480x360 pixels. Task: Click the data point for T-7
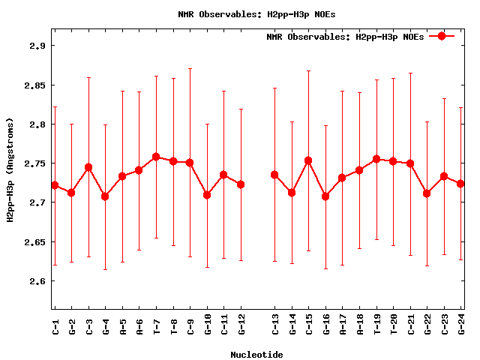click(x=156, y=157)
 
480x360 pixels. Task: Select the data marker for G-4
click(x=105, y=196)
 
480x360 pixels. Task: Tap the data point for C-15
click(x=308, y=160)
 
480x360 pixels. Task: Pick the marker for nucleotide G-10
click(x=207, y=195)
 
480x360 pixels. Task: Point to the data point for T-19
click(x=376, y=159)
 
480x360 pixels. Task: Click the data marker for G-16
click(x=325, y=196)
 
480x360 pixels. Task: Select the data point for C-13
click(x=274, y=175)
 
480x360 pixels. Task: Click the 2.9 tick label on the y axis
click(x=34, y=46)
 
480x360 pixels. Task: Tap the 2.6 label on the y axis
click(x=34, y=281)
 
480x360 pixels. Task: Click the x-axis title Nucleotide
click(x=256, y=355)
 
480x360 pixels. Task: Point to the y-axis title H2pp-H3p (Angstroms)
click(x=10, y=170)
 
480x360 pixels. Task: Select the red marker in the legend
click(x=442, y=36)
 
